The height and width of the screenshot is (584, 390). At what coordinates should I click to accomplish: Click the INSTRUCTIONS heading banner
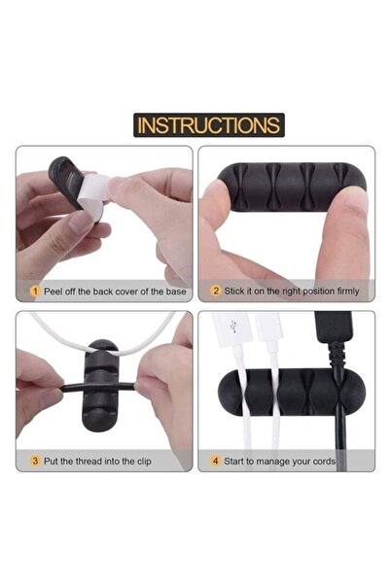pyautogui.click(x=208, y=124)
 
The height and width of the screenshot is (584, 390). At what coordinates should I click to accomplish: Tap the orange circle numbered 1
pyautogui.click(x=35, y=290)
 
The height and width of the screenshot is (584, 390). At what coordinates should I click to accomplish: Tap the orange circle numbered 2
pyautogui.click(x=216, y=290)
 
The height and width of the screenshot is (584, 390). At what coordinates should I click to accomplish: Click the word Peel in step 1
pyautogui.click(x=53, y=290)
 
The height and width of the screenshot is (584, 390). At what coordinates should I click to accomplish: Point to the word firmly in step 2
pyautogui.click(x=345, y=290)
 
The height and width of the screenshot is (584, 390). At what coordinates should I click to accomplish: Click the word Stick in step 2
pyautogui.click(x=237, y=290)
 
